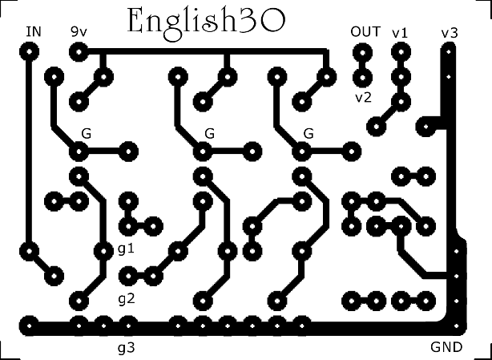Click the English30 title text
tap(207, 22)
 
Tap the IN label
tap(34, 31)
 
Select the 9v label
tap(79, 31)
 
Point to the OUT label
tap(365, 31)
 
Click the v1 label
tap(400, 32)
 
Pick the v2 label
tap(364, 97)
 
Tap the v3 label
tap(450, 32)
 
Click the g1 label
tap(126, 249)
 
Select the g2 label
tap(126, 299)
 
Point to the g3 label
tap(126, 348)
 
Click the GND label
tap(446, 348)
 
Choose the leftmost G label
tap(86, 132)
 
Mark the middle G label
tap(210, 132)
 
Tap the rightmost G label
tap(309, 132)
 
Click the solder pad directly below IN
tap(30, 52)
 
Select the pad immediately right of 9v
tap(79, 52)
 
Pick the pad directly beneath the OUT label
tap(362, 53)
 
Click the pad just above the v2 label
tap(362, 78)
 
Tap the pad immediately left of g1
tap(102, 250)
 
